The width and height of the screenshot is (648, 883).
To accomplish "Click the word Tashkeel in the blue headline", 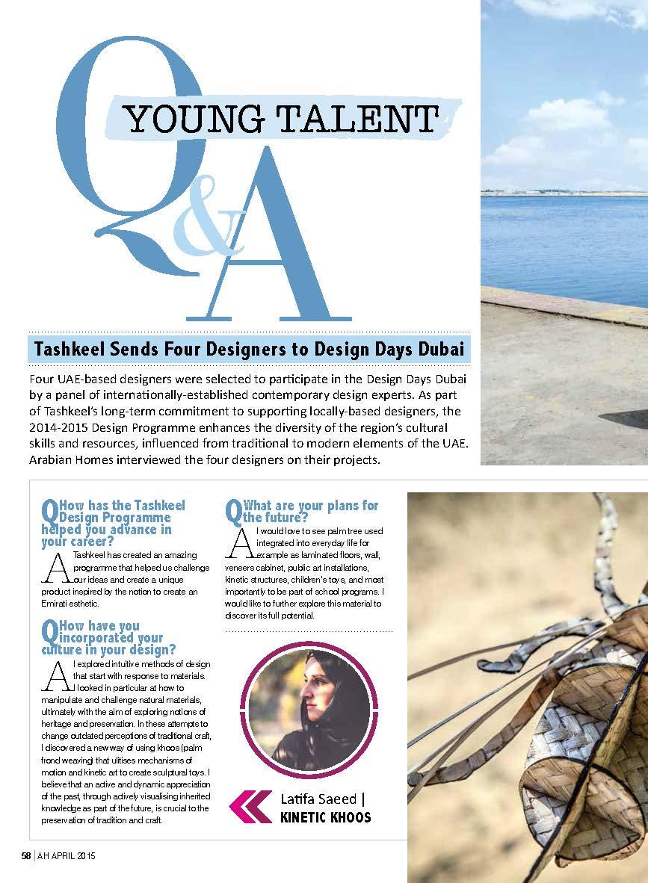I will [x=67, y=350].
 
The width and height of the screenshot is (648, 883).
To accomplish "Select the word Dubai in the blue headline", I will [x=445, y=350].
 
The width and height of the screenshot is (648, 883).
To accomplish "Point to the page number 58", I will [x=26, y=856].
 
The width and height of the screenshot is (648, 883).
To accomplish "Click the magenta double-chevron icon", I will [x=250, y=806].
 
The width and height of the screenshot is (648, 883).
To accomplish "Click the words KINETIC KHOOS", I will [x=325, y=817].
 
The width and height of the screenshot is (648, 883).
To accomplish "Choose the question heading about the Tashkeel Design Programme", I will [x=112, y=523].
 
